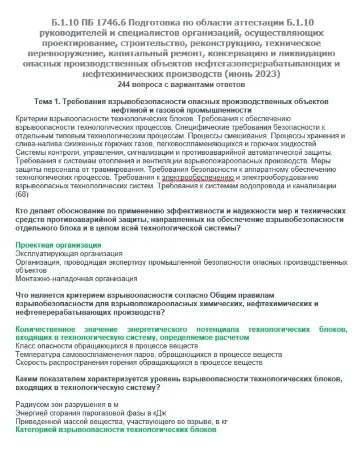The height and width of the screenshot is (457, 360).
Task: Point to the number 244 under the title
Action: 124,84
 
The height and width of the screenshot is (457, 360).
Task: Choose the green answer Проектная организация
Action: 58,245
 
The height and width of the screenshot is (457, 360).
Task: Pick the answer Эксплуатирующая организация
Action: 69,254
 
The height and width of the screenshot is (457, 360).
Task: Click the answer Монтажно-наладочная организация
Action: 76,279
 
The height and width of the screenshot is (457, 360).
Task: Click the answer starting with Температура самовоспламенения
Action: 148,354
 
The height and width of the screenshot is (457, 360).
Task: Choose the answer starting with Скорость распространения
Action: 139,362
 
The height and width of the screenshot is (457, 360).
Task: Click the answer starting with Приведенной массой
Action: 121,421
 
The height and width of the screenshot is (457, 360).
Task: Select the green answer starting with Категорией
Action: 116,430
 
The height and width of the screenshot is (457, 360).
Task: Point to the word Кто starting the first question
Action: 21,211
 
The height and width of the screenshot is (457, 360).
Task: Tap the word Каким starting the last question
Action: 26,379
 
